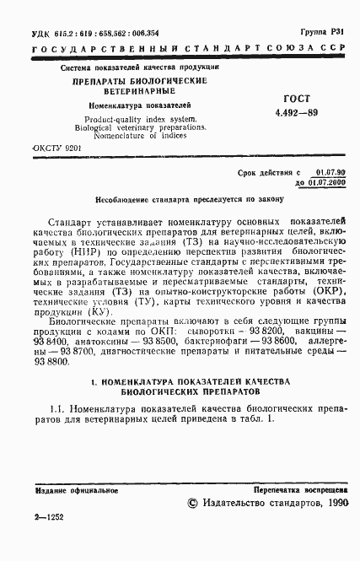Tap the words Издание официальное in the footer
[66, 488]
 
